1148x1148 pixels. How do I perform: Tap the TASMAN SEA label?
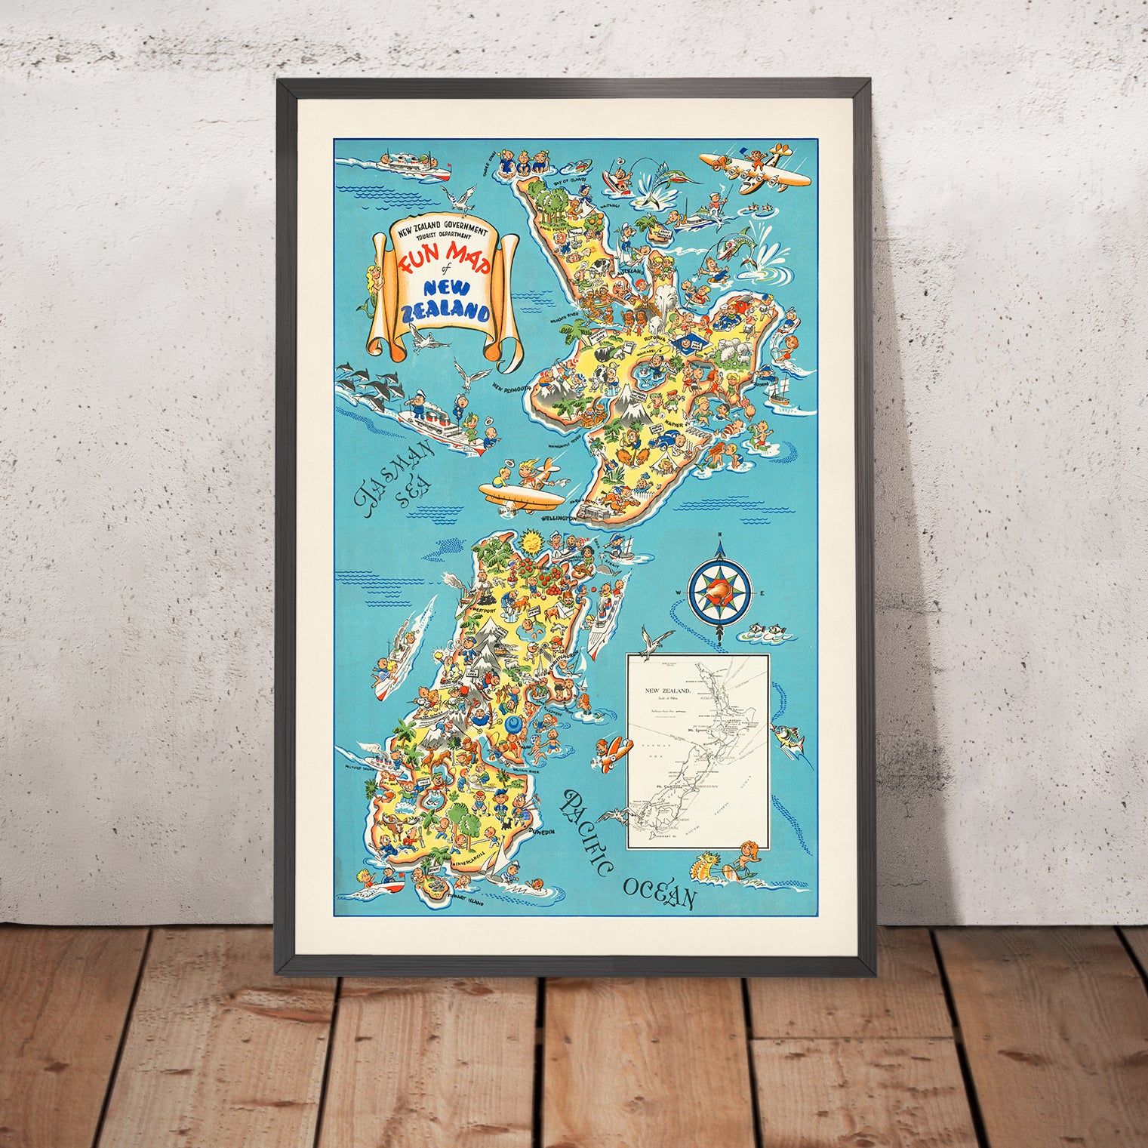click(396, 476)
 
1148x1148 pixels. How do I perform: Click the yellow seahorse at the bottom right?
click(736, 868)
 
